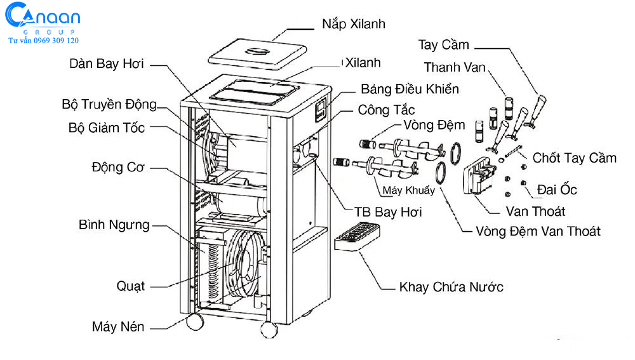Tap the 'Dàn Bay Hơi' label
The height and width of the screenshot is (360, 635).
click(107, 63)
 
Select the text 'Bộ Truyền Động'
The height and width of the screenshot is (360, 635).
click(109, 104)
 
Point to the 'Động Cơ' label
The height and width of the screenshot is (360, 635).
click(118, 168)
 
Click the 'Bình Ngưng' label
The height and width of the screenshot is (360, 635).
click(114, 225)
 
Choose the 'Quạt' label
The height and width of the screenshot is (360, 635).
click(130, 286)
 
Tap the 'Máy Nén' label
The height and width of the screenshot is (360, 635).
click(118, 328)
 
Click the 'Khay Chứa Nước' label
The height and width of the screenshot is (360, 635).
click(451, 287)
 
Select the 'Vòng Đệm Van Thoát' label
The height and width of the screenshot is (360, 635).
click(538, 231)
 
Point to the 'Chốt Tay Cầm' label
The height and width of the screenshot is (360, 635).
click(574, 157)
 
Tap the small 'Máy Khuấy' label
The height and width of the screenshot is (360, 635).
click(409, 190)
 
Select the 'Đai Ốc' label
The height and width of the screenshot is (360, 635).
click(557, 189)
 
